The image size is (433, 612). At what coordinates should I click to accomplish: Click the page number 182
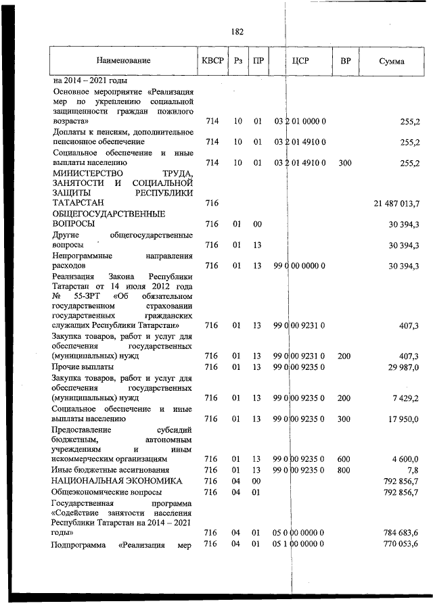pyautogui.click(x=237, y=32)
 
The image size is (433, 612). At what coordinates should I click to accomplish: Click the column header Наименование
pyautogui.click(x=123, y=62)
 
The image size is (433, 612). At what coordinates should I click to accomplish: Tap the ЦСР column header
pyautogui.click(x=300, y=62)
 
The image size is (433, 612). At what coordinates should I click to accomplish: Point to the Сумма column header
pyautogui.click(x=392, y=62)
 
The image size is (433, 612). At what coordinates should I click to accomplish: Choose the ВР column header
pyautogui.click(x=345, y=62)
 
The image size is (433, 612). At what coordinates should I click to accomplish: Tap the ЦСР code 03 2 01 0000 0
pyautogui.click(x=300, y=122)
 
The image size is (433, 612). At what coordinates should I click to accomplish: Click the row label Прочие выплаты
pyautogui.click(x=78, y=367)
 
